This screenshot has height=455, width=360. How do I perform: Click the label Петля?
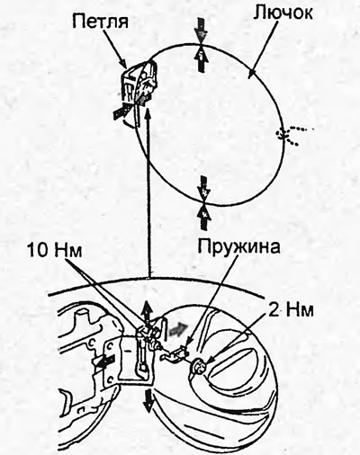[x=100, y=22]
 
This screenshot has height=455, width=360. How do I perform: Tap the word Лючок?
[x=283, y=13]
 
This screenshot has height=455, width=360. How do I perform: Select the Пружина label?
[x=238, y=246]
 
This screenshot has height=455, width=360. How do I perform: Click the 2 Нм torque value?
[x=291, y=310]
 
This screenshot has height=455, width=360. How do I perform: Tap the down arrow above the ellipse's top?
[x=201, y=30]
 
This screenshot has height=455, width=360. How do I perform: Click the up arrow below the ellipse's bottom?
[x=204, y=217]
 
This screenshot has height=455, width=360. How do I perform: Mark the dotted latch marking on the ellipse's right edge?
[x=292, y=135]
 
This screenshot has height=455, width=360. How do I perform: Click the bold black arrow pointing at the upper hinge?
[x=121, y=111]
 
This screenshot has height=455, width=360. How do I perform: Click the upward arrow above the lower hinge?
[x=148, y=314]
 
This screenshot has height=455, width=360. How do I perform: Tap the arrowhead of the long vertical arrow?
[x=147, y=114]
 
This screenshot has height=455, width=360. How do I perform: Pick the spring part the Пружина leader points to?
[x=174, y=353]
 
